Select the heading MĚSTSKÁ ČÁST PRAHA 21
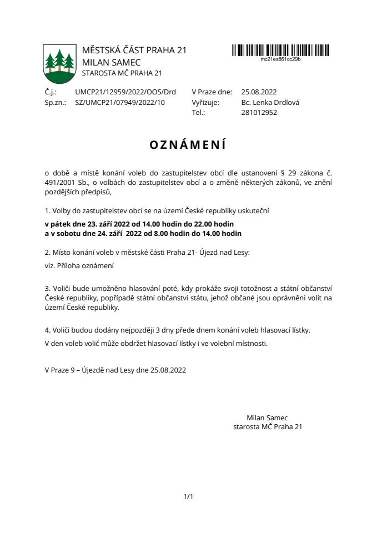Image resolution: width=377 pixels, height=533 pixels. pos(134,51)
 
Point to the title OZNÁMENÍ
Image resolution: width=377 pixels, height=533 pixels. pos(188,145)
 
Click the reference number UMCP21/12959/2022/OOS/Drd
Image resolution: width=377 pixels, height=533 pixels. pos(125,92)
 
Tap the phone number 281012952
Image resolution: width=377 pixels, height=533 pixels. pos(259,112)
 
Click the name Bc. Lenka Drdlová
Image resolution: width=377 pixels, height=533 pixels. pos(270,102)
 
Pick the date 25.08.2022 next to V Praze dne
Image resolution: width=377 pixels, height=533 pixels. pos(259,92)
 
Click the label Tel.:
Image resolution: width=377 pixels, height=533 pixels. pos(198,112)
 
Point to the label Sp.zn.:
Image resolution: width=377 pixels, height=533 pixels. pos(55,102)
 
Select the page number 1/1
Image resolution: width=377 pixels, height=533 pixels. pos(188,496)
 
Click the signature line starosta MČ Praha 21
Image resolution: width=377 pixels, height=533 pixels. pos(268,427)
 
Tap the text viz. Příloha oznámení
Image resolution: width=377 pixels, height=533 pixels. pos(79,266)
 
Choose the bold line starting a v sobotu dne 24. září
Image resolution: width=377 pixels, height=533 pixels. pos(143,234)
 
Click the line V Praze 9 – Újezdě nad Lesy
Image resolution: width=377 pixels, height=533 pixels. pos(115,370)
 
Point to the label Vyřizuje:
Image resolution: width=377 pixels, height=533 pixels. pos(205,102)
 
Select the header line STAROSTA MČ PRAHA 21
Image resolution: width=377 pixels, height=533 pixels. pos(122,73)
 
